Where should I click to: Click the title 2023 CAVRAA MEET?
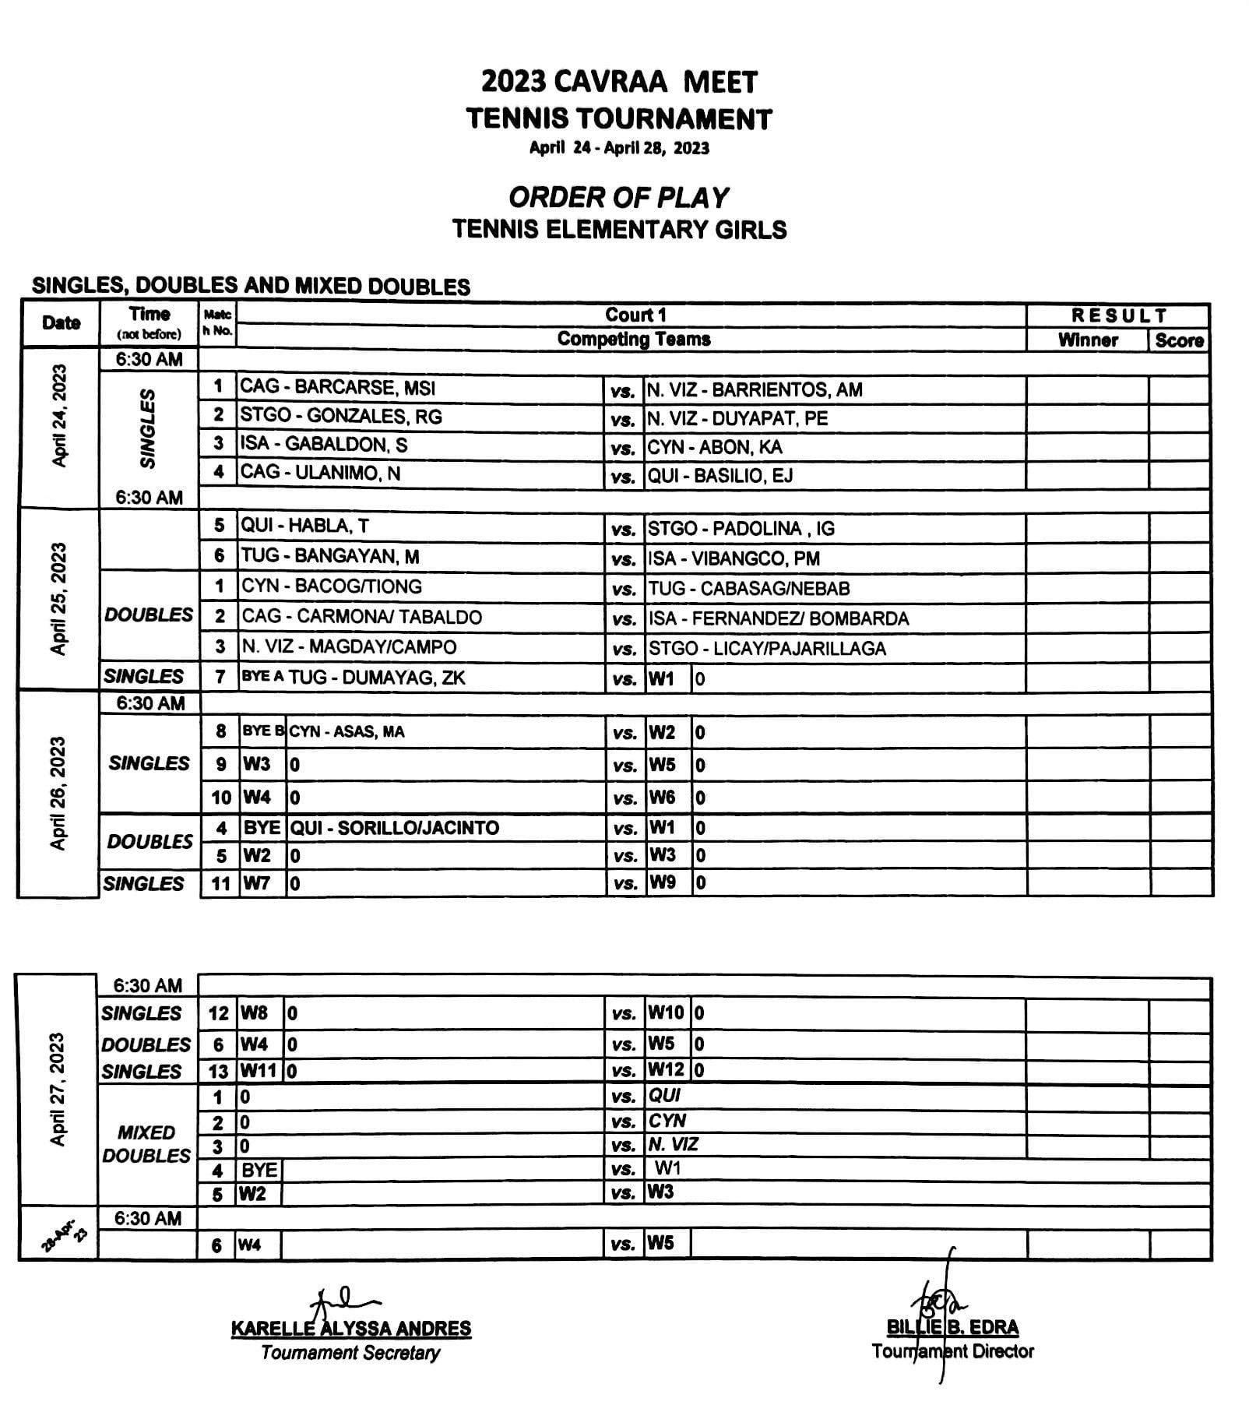click(619, 82)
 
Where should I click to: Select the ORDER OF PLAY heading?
click(619, 198)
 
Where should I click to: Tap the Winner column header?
click(1087, 340)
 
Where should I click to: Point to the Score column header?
click(1179, 340)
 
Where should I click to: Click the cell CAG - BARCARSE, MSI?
click(338, 388)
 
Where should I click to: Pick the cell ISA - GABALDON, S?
click(324, 445)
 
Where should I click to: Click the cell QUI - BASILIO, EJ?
click(720, 476)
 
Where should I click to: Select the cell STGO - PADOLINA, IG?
click(741, 529)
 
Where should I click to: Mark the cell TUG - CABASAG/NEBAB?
click(749, 589)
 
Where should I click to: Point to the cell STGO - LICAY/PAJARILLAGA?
click(767, 649)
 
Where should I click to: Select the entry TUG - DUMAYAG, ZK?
click(377, 678)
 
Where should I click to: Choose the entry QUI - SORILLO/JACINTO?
click(394, 827)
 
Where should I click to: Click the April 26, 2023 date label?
click(58, 793)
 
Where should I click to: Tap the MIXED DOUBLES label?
click(146, 1143)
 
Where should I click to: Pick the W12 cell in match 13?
click(666, 1070)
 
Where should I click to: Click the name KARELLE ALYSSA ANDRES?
click(351, 1329)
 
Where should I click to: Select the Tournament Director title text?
click(952, 1351)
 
